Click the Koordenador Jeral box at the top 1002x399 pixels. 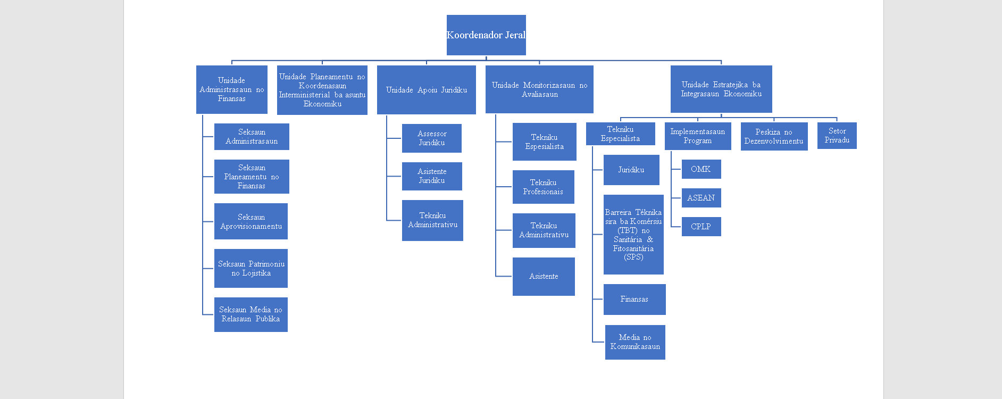(x=486, y=35)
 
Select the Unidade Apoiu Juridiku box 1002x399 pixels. (x=427, y=90)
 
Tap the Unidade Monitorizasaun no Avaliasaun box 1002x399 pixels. (x=539, y=89)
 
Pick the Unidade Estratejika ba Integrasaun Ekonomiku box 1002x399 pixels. (x=721, y=89)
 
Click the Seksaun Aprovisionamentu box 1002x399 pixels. (x=251, y=221)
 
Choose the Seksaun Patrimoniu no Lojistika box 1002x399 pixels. (x=251, y=269)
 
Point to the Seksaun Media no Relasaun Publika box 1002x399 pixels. (x=251, y=314)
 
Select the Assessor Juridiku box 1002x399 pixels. (x=432, y=138)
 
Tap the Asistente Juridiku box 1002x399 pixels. (x=432, y=176)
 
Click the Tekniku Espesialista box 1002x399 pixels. (x=545, y=142)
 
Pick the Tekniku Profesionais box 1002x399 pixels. (x=544, y=187)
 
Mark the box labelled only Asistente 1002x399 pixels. (x=544, y=277)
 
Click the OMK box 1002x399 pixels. (x=701, y=169)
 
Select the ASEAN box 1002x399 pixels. (x=701, y=198)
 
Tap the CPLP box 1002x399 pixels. (x=701, y=227)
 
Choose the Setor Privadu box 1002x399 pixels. (x=837, y=136)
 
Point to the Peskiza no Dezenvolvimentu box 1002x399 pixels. (x=774, y=136)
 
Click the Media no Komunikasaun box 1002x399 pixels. (x=635, y=342)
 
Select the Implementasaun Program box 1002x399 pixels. (x=698, y=136)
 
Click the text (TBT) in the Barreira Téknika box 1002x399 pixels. (x=628, y=230)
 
